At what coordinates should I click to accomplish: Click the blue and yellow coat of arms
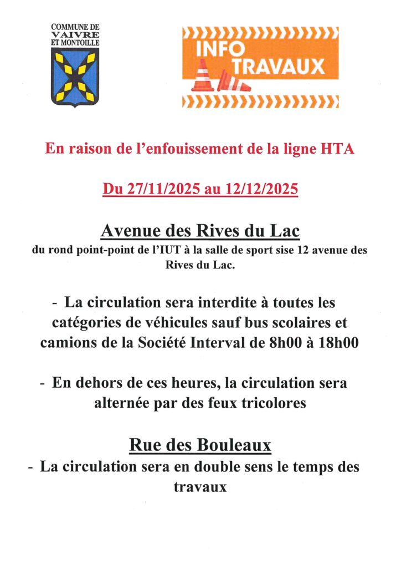click(75, 77)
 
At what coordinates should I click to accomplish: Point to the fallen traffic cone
click(235, 82)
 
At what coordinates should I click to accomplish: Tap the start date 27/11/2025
click(164, 189)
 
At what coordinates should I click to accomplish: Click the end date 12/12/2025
click(263, 189)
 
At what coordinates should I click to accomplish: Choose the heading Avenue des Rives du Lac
click(200, 230)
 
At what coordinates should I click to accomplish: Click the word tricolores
click(273, 403)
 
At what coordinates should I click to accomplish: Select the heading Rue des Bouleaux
click(200, 444)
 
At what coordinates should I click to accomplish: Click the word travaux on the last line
click(200, 487)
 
